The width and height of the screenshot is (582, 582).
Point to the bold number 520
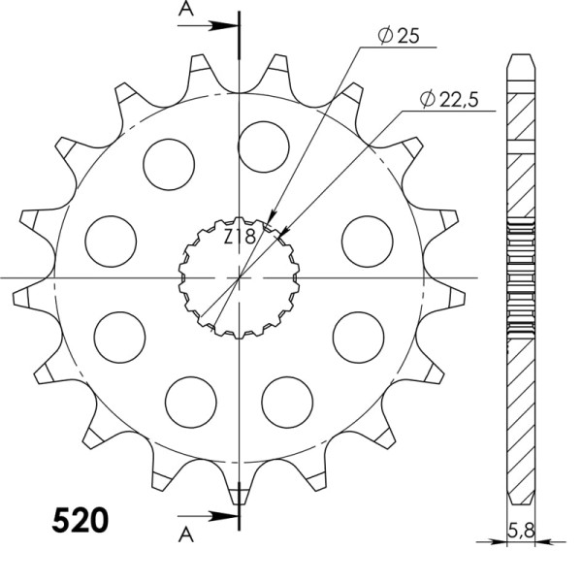(x=79, y=522)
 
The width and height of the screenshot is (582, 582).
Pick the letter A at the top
(x=185, y=12)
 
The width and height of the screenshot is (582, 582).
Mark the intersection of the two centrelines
(x=240, y=278)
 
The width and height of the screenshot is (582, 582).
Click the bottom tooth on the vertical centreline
(x=240, y=485)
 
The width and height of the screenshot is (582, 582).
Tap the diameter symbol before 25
(x=384, y=36)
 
